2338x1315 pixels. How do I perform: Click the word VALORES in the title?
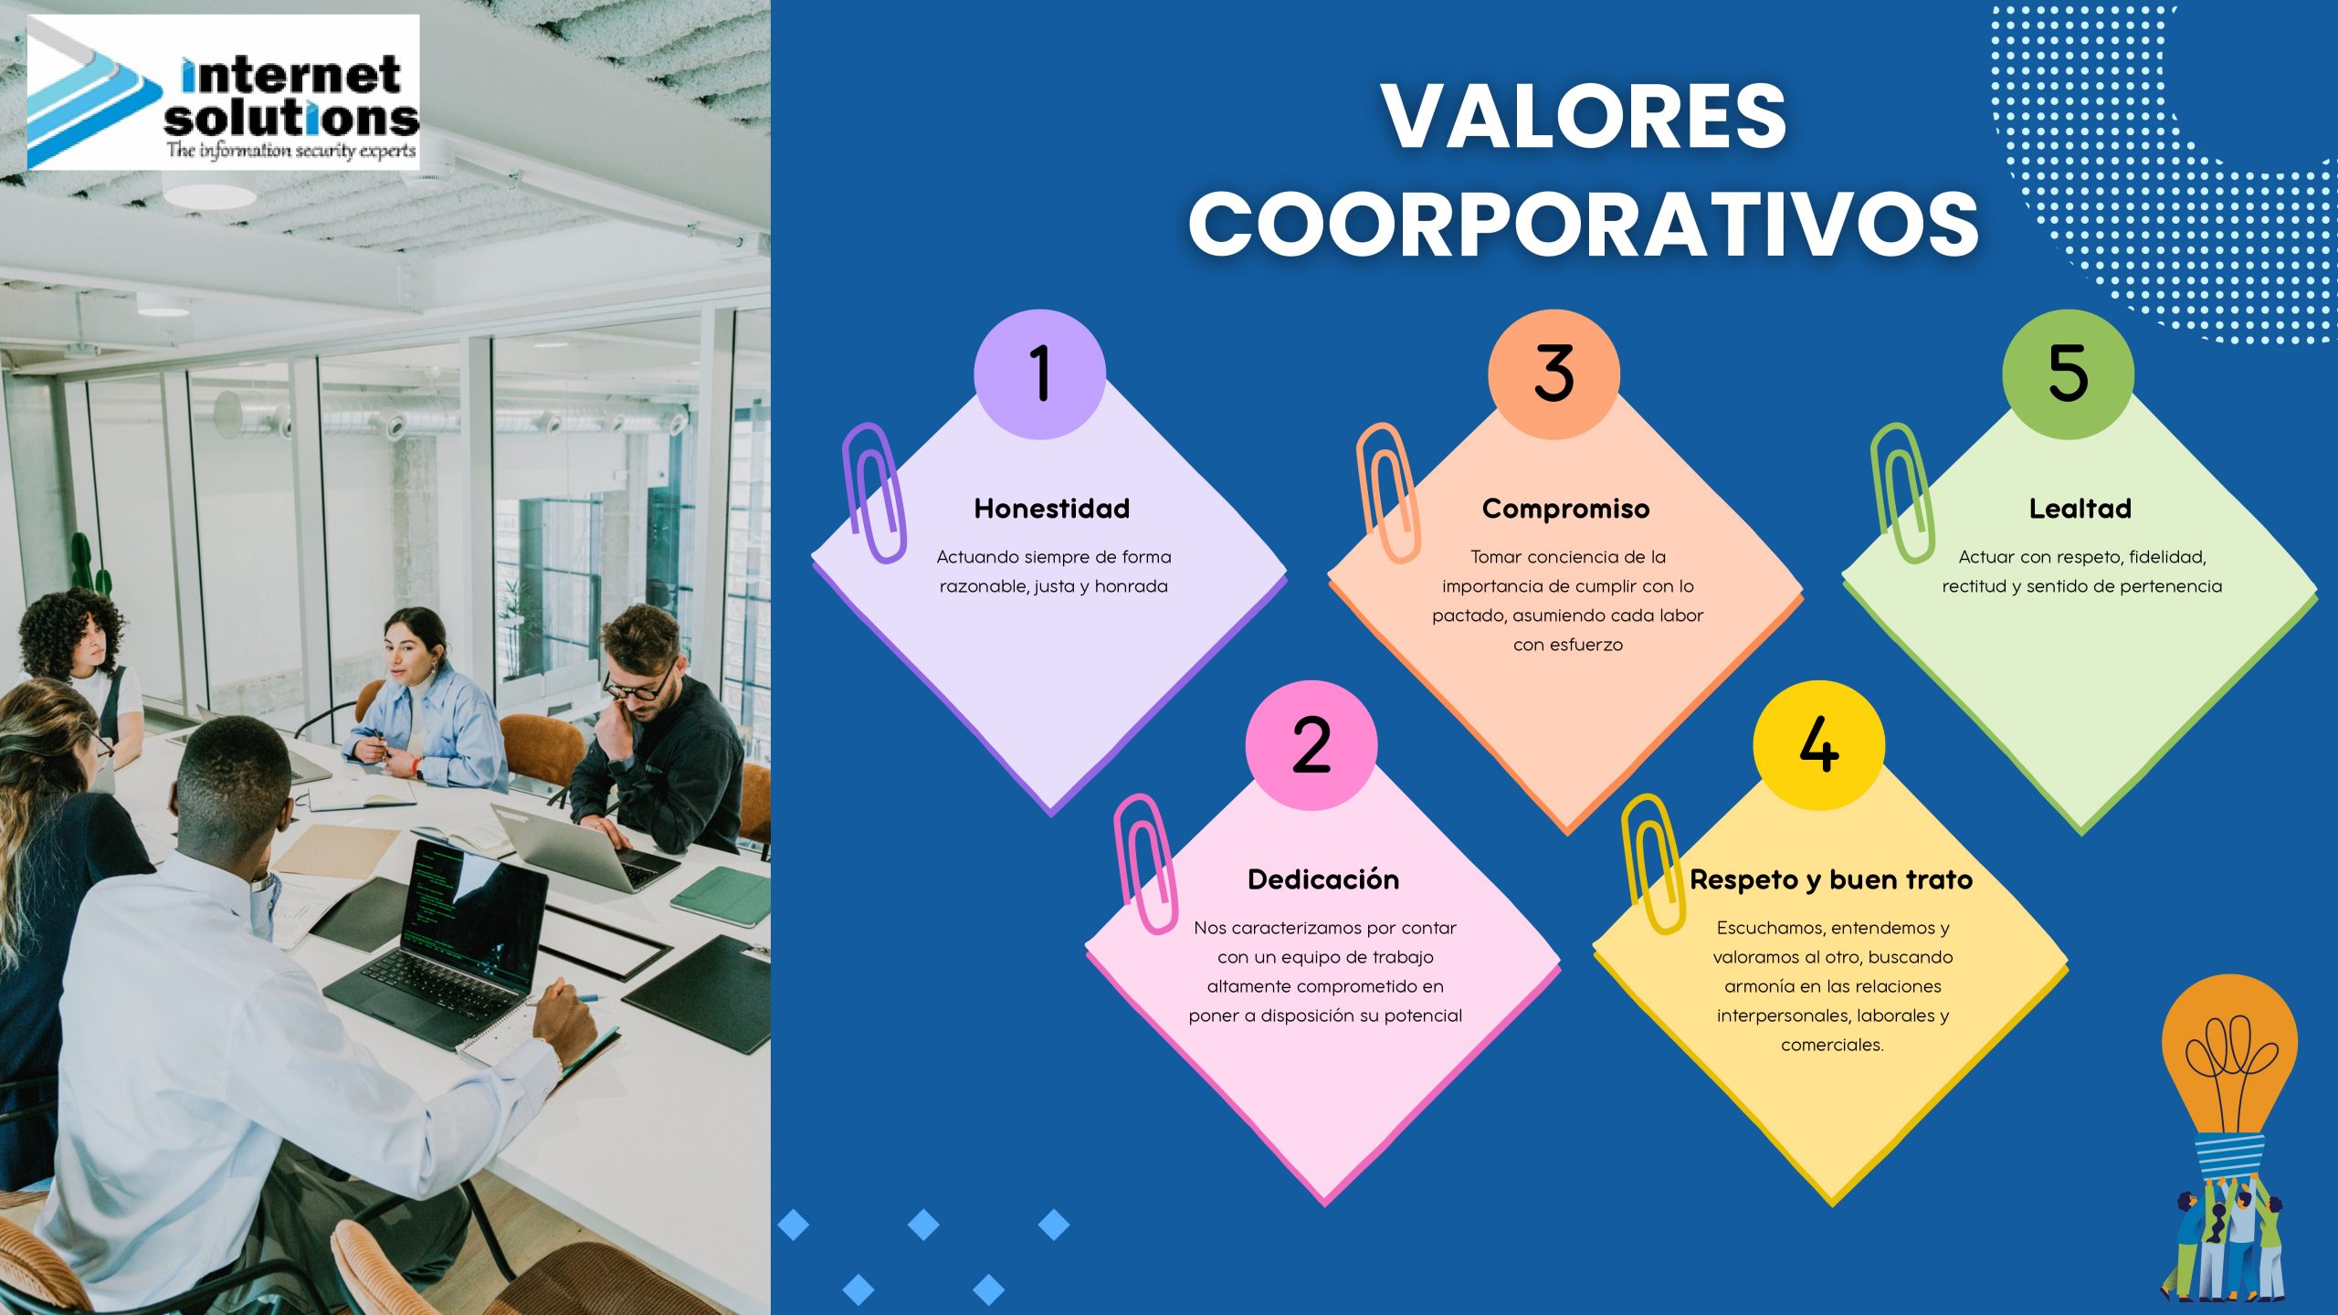click(x=1584, y=116)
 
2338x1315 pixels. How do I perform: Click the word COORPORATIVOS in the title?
click(x=1584, y=224)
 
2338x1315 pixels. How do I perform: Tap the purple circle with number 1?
click(x=1040, y=374)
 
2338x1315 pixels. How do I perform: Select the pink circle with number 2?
click(x=1311, y=745)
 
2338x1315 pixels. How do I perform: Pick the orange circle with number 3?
click(x=1554, y=374)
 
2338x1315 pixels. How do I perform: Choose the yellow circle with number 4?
click(x=1819, y=745)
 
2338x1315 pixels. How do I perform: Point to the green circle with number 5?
click(x=2069, y=374)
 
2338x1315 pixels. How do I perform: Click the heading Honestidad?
click(x=1052, y=509)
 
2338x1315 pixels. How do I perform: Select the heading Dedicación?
click(x=1323, y=879)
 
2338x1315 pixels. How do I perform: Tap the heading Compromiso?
click(x=1566, y=509)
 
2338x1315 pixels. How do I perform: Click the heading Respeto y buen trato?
click(x=1831, y=879)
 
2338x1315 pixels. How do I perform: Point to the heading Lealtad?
click(x=2080, y=509)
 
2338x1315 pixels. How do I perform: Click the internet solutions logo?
click(x=224, y=92)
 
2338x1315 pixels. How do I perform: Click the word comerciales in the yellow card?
click(x=1832, y=1045)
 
